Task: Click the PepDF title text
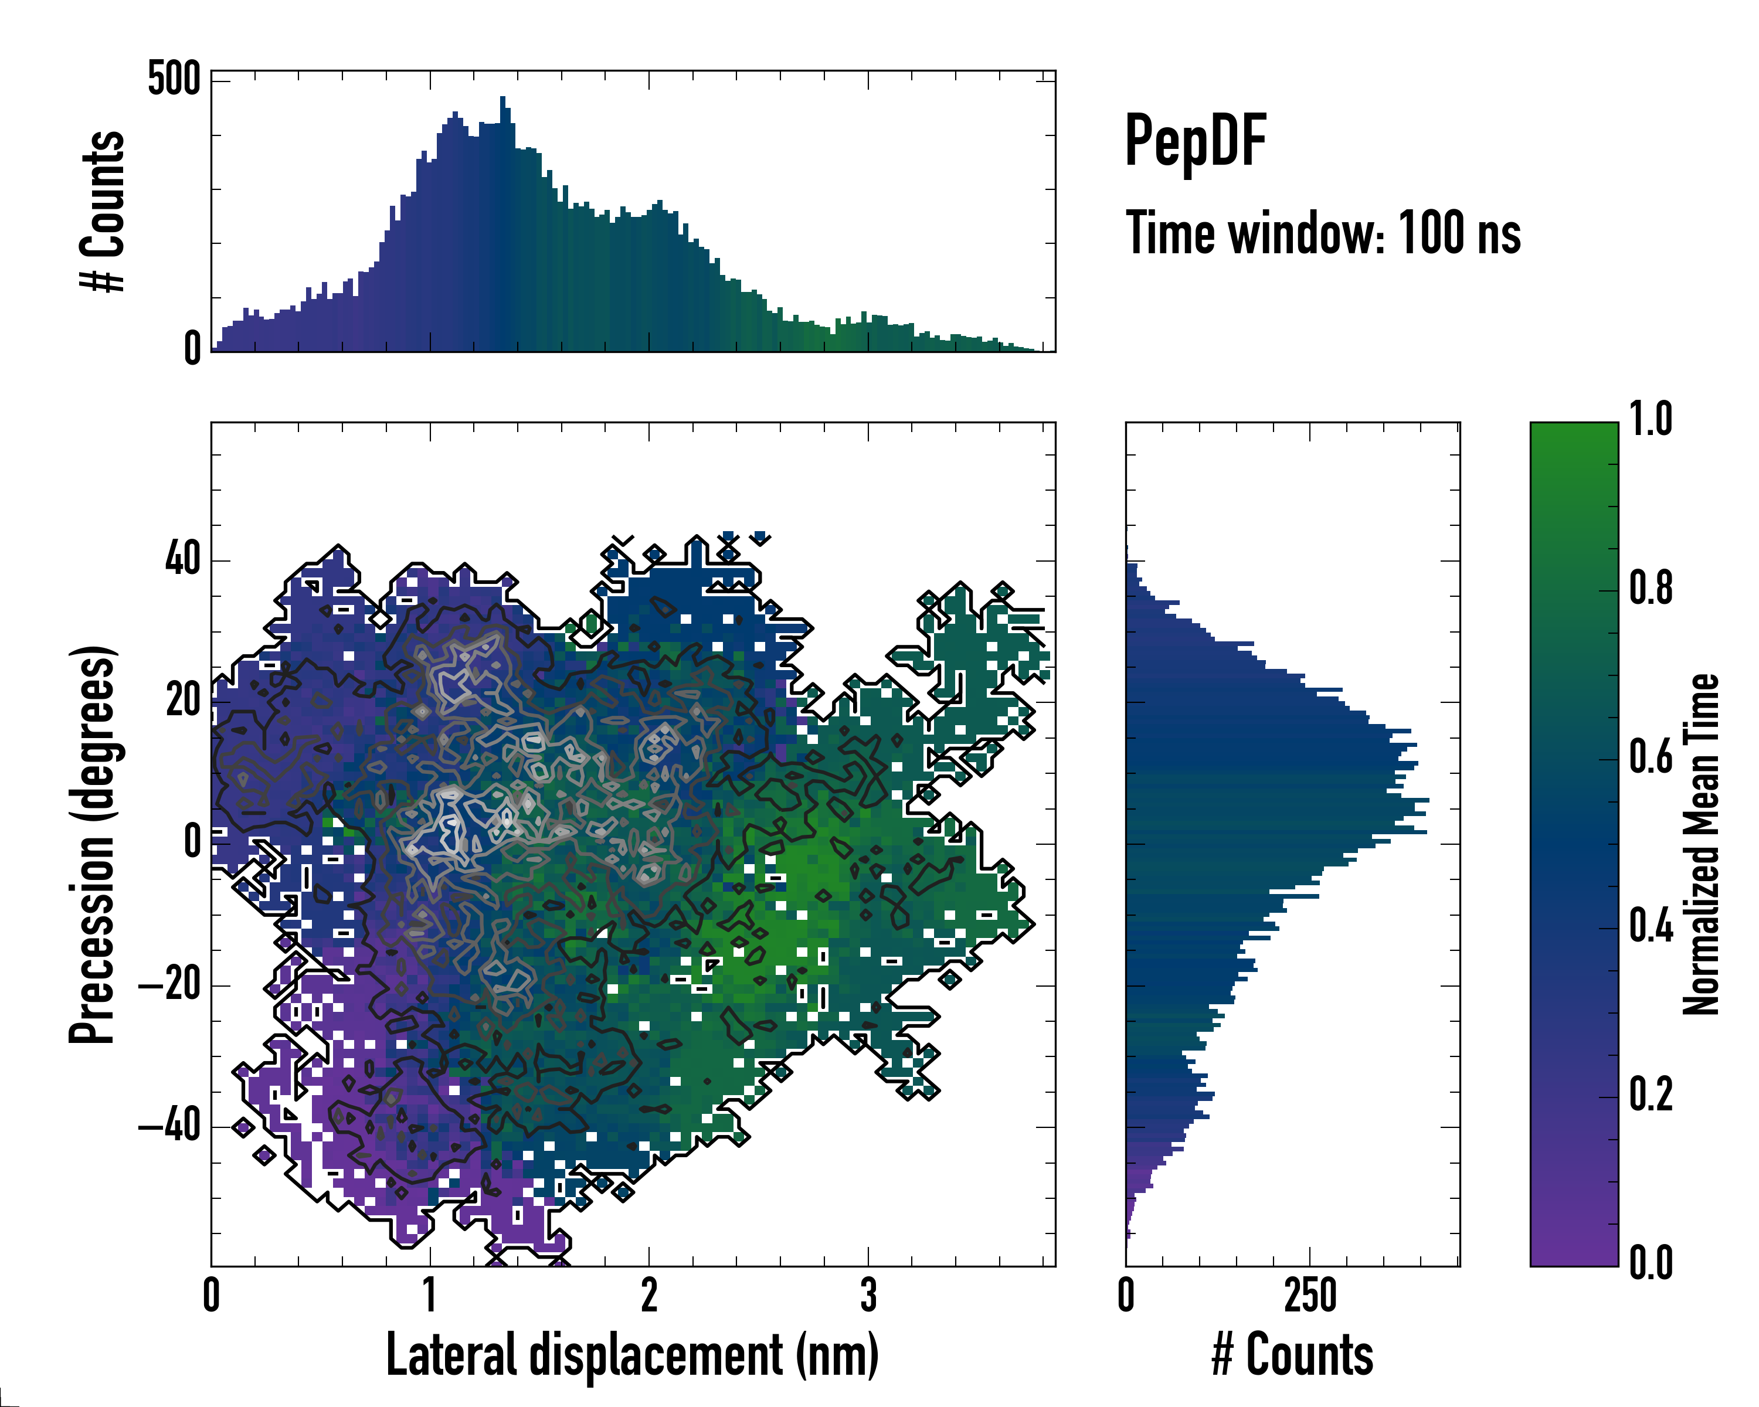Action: click(x=1194, y=141)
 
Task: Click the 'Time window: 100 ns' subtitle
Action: click(x=1323, y=233)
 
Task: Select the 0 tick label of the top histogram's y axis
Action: click(x=192, y=349)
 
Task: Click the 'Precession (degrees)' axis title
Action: click(x=91, y=844)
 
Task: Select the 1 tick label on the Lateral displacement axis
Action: click(x=430, y=1295)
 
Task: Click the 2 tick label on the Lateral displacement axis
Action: click(x=648, y=1295)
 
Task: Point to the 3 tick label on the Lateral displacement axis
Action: click(x=868, y=1295)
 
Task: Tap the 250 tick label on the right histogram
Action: click(x=1310, y=1295)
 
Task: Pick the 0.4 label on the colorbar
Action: click(x=1651, y=927)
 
